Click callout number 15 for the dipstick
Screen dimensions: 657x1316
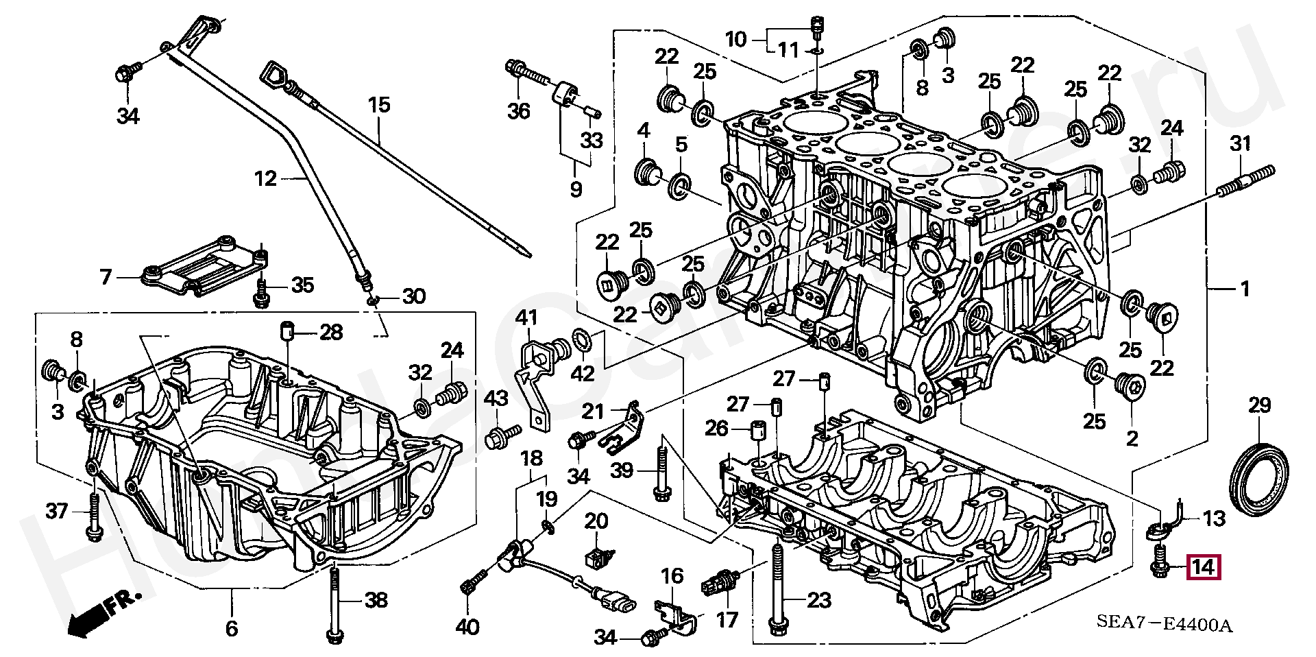(x=378, y=105)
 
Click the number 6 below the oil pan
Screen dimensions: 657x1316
(x=231, y=628)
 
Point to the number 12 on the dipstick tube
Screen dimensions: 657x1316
(x=265, y=179)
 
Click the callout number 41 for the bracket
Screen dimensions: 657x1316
(x=526, y=318)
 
